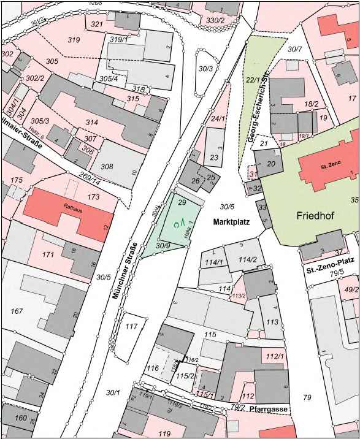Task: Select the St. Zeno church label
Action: coord(330,167)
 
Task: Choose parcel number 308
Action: coord(107,166)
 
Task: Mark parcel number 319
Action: coord(74,40)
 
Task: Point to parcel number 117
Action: coord(131,326)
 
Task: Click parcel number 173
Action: coord(93,197)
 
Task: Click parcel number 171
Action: coord(48,254)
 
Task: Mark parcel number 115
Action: coord(210,334)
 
